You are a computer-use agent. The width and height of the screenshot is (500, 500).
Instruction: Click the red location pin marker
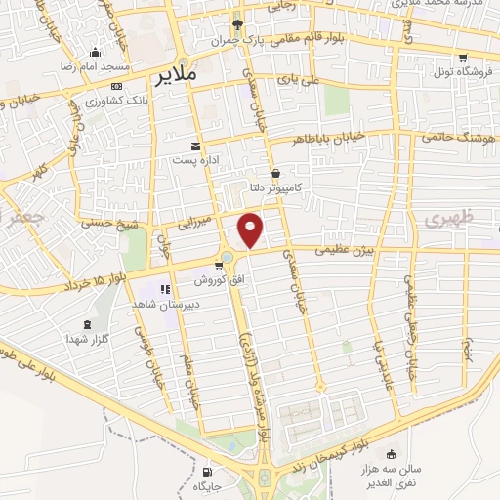(x=251, y=229)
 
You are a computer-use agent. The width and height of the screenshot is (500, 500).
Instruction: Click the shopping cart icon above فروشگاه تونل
(x=461, y=57)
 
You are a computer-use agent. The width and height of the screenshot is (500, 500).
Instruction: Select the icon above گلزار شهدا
(x=89, y=323)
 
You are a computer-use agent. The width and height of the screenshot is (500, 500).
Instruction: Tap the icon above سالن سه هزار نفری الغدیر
(x=392, y=453)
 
